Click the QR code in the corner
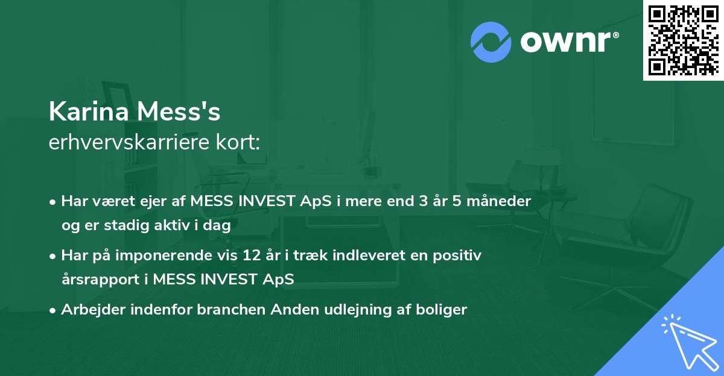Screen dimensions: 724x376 (x=683, y=40)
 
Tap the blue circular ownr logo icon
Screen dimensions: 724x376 (x=491, y=42)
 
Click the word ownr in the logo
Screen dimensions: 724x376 (x=565, y=42)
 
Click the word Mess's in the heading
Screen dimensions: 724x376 (x=179, y=111)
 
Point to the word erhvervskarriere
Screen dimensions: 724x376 (x=129, y=142)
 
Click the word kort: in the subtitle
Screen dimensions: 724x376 (x=238, y=142)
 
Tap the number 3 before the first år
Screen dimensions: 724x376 (x=424, y=201)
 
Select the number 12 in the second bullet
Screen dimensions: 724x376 (x=252, y=255)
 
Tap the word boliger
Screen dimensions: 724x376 (x=441, y=310)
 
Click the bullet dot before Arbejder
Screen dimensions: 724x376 (x=52, y=311)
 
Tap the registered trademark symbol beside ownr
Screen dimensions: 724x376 (x=615, y=35)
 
